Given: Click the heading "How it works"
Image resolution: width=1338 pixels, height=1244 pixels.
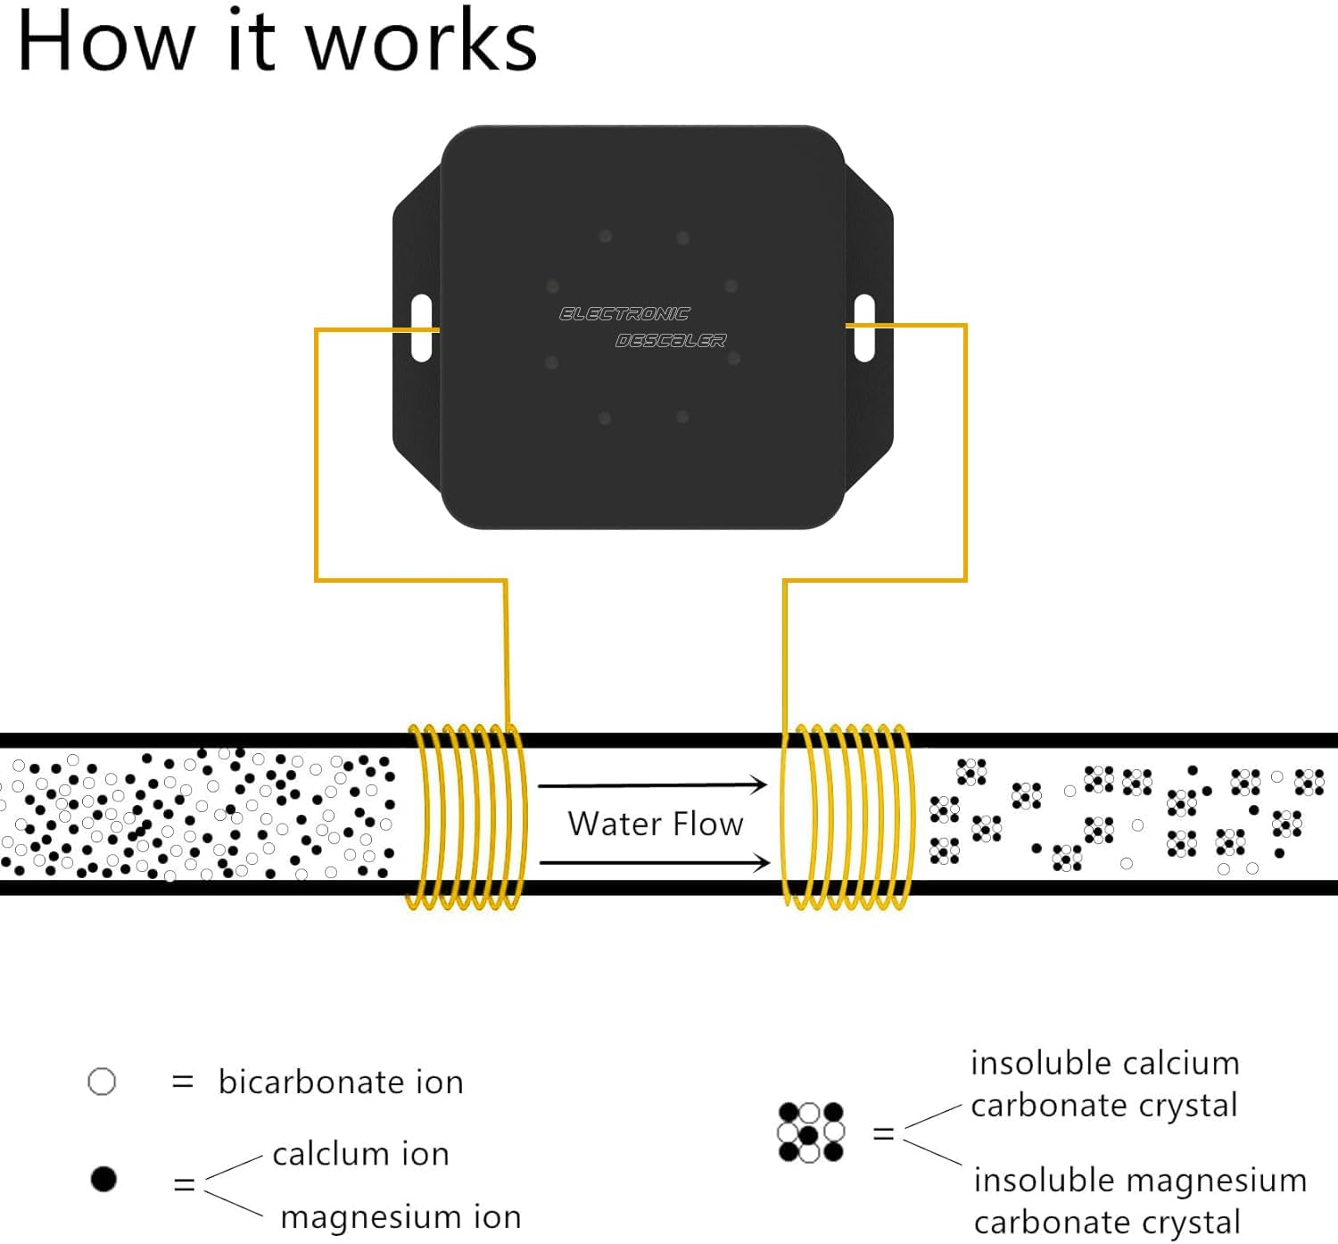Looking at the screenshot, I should point(277,41).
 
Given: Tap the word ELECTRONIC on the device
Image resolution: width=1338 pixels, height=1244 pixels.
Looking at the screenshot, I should point(624,314).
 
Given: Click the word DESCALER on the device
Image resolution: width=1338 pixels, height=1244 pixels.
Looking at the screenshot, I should point(671,341).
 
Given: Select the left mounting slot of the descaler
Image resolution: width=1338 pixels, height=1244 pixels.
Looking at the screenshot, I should point(422,328).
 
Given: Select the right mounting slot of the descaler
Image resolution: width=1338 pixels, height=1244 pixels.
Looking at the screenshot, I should point(863,328).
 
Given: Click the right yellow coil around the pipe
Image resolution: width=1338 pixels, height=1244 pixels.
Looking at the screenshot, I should point(847,817).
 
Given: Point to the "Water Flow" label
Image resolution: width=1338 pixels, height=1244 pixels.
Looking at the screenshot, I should point(656,824).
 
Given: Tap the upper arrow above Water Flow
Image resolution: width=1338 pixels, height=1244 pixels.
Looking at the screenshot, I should point(653,785).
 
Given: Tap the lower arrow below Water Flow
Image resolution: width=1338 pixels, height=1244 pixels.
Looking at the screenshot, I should point(655,862).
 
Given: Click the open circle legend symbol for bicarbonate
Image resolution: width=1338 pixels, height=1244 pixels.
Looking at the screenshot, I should point(103,1082).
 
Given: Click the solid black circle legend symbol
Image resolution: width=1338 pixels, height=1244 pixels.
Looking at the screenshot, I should point(104,1179).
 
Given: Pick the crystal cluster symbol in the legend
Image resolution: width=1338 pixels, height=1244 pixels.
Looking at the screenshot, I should point(811,1132).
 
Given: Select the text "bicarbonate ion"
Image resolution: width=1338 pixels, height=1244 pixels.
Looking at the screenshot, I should point(341,1082).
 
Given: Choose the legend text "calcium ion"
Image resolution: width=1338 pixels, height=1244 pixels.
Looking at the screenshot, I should point(360,1154).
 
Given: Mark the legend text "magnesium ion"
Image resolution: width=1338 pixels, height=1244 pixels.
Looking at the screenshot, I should point(401,1217).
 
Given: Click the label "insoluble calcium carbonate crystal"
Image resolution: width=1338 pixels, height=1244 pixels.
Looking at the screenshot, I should point(1104,1084).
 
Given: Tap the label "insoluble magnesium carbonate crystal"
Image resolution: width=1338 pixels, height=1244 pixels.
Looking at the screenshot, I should point(1139,1200).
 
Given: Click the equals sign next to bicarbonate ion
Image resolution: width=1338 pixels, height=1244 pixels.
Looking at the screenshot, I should point(182,1082).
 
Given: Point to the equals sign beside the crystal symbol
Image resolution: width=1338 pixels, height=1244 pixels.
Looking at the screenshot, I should point(883,1133).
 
